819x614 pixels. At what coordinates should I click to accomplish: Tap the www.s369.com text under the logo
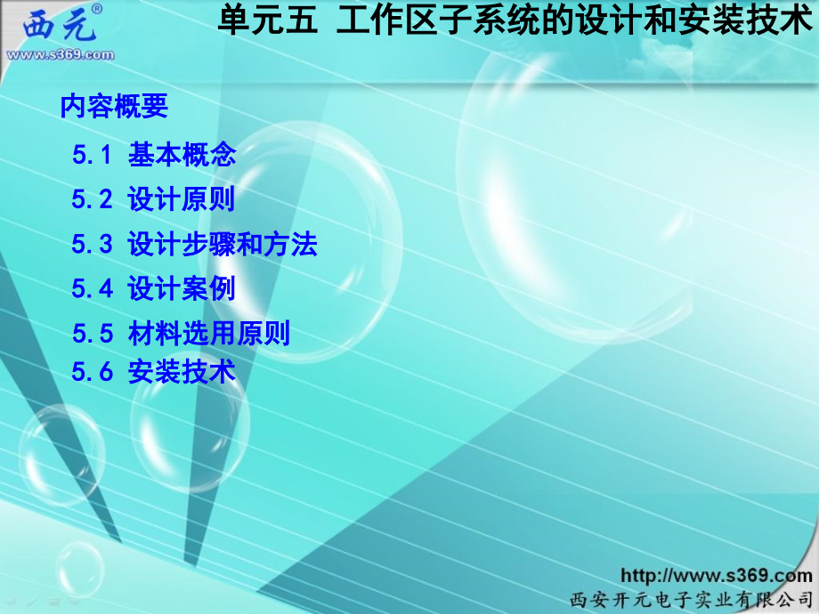click(61, 54)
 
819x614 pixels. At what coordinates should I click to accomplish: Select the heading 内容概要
click(114, 107)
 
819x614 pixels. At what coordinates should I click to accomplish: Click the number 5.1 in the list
click(92, 156)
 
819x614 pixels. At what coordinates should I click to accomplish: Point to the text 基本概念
click(182, 155)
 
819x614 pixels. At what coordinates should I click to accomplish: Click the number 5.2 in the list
click(92, 199)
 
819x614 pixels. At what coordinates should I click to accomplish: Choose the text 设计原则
click(182, 199)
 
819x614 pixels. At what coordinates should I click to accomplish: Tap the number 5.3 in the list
click(92, 244)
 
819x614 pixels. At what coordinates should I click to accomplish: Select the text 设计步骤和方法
click(223, 244)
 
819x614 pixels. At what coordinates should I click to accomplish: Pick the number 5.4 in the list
click(92, 288)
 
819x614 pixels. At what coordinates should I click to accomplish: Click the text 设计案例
click(182, 288)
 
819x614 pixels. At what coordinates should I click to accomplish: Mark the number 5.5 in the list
click(92, 334)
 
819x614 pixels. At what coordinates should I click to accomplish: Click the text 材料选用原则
click(209, 334)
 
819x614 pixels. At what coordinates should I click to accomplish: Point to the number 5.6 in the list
click(92, 371)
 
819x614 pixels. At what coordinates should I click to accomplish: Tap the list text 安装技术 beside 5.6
click(182, 371)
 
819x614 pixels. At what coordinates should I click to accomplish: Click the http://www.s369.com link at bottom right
click(716, 576)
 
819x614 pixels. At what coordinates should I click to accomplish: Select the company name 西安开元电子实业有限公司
click(691, 598)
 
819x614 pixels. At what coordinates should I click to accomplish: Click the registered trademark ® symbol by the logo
click(96, 9)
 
